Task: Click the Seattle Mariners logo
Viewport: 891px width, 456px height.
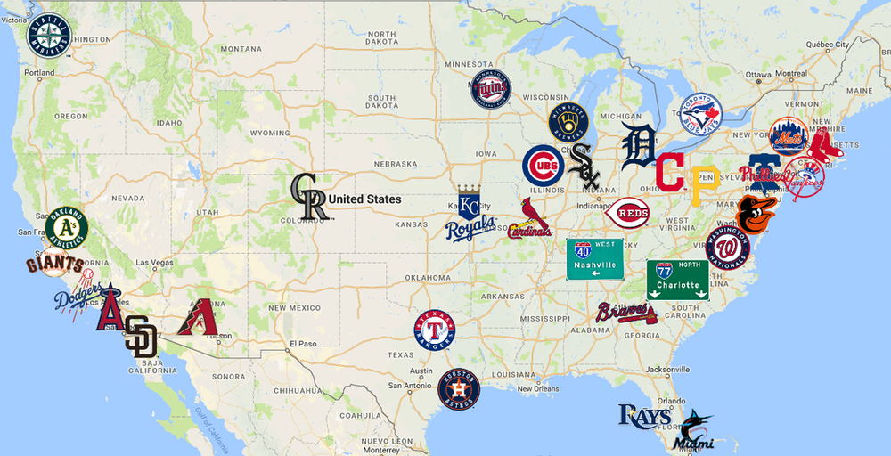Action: tap(51, 34)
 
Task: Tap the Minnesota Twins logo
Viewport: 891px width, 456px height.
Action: tap(491, 90)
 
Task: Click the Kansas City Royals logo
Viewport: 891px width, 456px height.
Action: tap(470, 216)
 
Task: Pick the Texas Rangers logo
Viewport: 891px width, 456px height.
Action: tap(434, 330)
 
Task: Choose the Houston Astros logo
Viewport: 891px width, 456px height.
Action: tap(459, 389)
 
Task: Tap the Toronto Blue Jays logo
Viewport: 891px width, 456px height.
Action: tap(701, 114)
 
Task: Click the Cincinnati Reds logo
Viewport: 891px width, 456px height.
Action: tap(626, 214)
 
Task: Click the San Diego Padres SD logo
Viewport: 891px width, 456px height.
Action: tap(141, 338)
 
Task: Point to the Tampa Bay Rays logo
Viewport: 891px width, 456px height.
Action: tap(645, 416)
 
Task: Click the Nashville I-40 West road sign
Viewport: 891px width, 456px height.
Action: tap(594, 259)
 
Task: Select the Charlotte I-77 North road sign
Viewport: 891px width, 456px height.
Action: tap(677, 280)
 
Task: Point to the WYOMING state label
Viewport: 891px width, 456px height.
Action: tap(269, 133)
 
